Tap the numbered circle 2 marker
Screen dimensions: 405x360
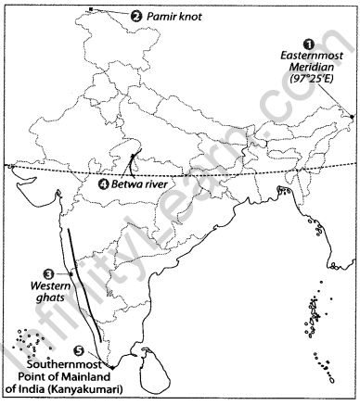pos(136,16)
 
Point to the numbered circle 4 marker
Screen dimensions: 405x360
pos(103,184)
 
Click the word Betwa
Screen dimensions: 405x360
pos(129,185)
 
